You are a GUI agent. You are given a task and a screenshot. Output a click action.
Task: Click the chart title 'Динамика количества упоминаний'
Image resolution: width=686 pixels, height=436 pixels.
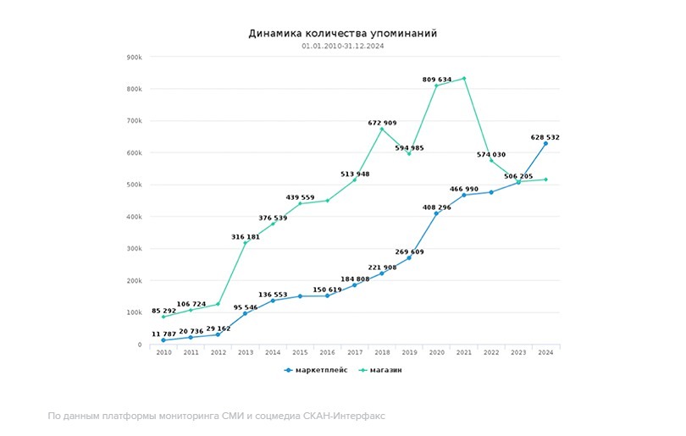342,34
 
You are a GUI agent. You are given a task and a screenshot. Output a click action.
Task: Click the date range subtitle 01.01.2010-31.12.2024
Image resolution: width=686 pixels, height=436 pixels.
342,46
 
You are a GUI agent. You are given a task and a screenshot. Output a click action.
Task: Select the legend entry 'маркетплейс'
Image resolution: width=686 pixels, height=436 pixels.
311,370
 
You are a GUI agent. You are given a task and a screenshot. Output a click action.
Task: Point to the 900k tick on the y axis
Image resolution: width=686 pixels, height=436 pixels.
133,57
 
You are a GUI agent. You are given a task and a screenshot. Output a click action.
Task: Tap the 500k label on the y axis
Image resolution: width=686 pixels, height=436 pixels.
133,185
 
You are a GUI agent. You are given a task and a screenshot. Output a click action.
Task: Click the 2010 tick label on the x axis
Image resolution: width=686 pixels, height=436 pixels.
163,352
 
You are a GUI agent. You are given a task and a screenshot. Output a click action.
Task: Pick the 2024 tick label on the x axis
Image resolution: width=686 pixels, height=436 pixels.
546,352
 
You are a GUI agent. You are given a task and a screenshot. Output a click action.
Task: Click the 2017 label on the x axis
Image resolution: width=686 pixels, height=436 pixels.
355,352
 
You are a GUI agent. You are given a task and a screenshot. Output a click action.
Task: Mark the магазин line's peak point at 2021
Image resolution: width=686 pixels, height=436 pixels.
464,79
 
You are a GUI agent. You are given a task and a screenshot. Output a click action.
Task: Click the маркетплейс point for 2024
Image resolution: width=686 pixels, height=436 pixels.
546,143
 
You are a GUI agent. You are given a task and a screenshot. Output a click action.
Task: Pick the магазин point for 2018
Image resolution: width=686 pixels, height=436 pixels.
382,129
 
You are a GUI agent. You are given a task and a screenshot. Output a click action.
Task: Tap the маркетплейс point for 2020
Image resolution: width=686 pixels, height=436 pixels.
437,213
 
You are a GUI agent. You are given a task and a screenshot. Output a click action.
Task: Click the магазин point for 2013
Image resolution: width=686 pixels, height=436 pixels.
246,243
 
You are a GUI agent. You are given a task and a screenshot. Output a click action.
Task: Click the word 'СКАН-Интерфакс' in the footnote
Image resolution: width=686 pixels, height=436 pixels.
345,416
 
